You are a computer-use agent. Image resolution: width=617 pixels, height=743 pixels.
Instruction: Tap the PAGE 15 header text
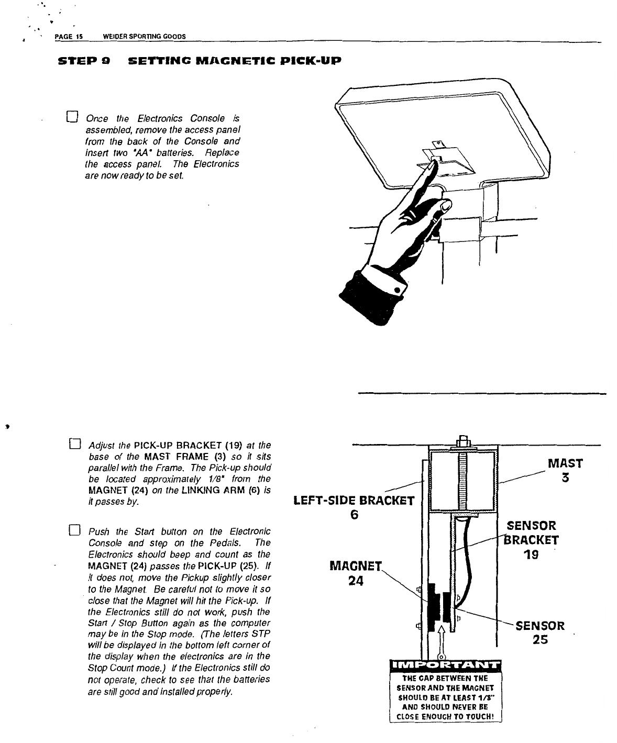click(66, 36)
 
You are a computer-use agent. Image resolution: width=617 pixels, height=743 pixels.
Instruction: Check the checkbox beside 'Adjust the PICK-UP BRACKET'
click(73, 446)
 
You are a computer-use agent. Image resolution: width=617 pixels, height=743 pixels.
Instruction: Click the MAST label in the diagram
click(565, 464)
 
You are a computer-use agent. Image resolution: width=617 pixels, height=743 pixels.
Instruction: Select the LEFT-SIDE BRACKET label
click(354, 501)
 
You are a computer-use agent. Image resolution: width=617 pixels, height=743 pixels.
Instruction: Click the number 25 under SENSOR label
click(541, 639)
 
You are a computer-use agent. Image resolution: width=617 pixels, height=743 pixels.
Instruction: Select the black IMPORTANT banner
click(445, 666)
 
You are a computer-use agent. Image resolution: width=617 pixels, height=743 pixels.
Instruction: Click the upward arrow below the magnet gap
click(441, 639)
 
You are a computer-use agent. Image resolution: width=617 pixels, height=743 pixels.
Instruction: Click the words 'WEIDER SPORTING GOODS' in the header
click(145, 36)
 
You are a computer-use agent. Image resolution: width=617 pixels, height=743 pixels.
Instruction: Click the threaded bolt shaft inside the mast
click(462, 482)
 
